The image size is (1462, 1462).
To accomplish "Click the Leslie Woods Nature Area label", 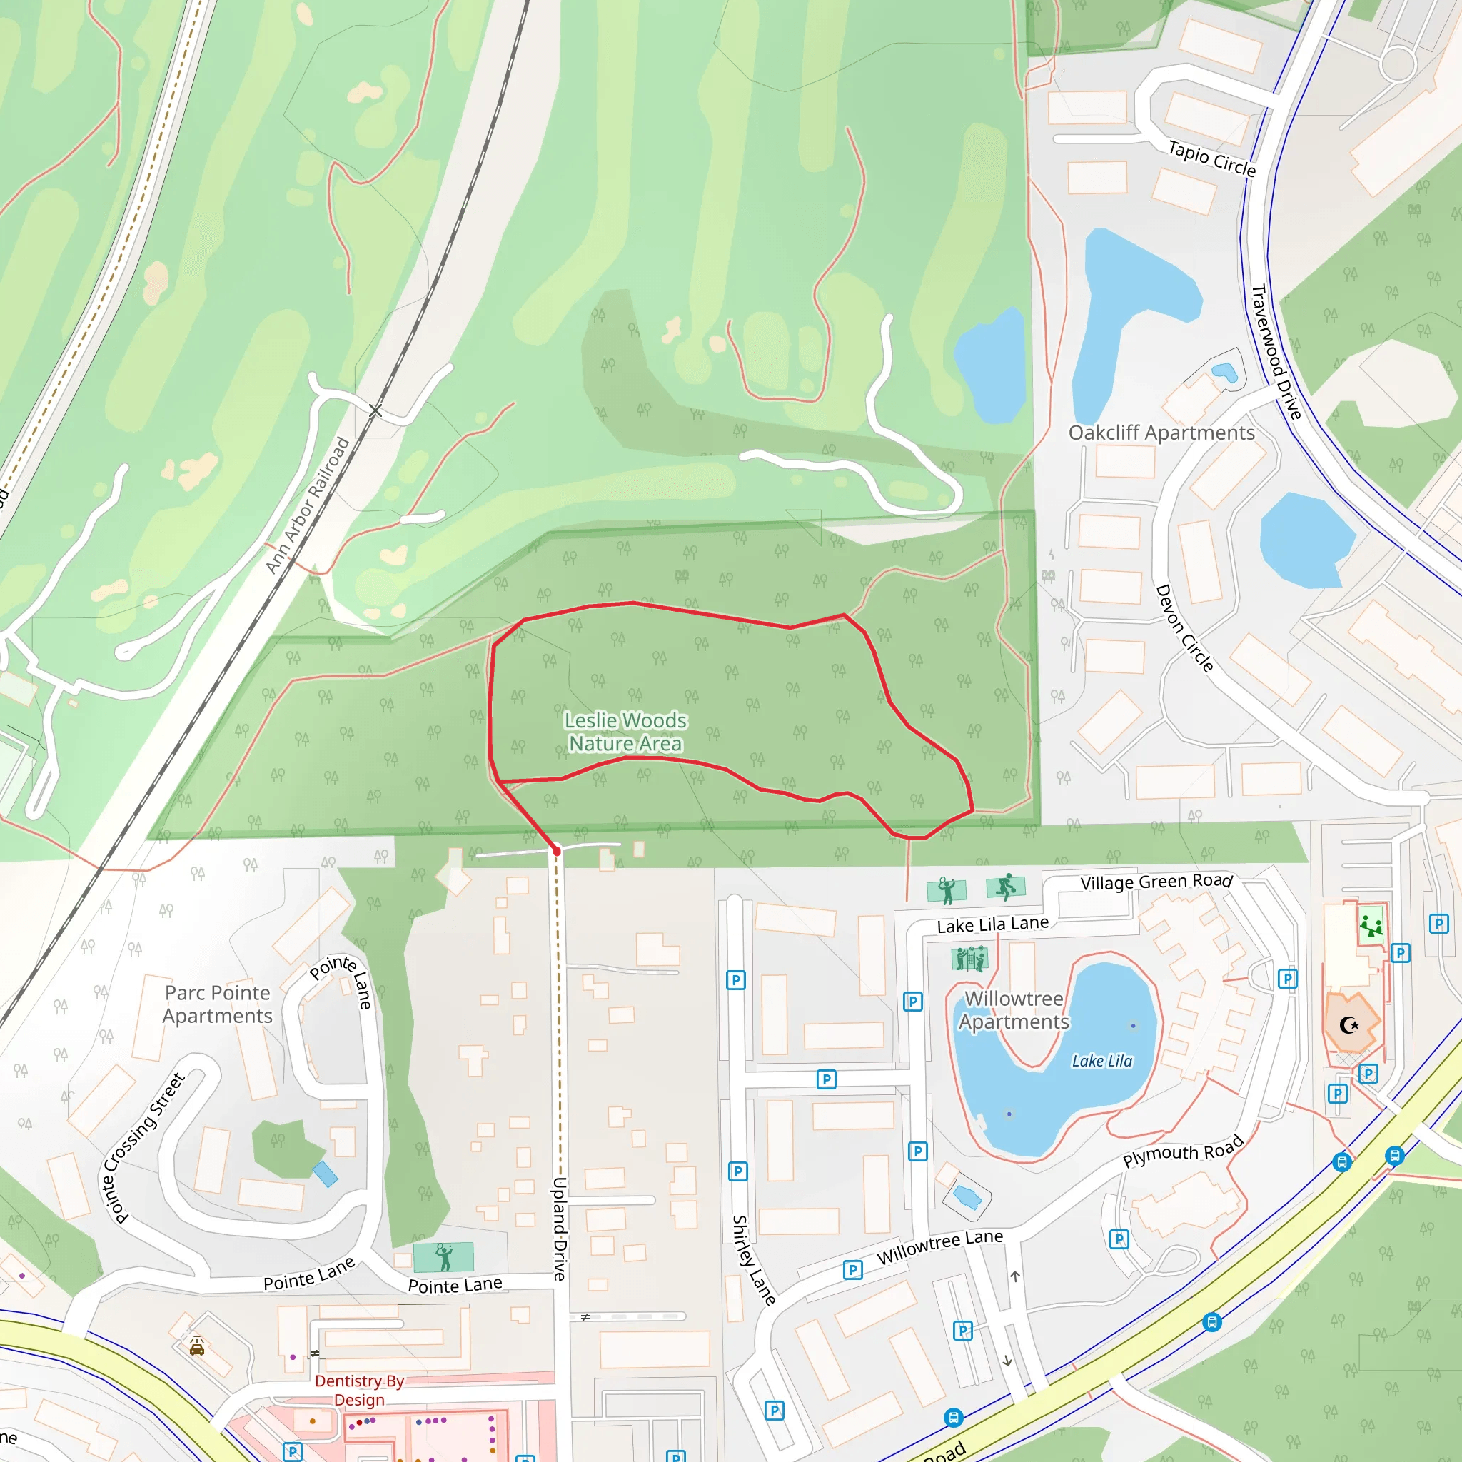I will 626,732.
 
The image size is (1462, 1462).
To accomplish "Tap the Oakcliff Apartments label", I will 1161,433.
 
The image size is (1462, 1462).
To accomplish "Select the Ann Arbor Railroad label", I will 307,505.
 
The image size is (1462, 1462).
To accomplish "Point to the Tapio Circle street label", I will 1211,159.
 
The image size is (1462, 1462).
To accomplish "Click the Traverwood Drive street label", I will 1276,352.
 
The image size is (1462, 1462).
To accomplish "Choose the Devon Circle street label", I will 1184,627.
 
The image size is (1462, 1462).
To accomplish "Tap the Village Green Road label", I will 1156,882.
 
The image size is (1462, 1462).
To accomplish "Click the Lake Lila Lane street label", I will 992,924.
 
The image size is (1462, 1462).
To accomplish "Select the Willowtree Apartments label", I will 1013,1010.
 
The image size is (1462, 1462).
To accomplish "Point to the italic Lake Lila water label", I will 1101,1061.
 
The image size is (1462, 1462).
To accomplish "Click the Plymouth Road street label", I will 1183,1151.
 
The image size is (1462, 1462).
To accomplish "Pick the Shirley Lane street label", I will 753,1260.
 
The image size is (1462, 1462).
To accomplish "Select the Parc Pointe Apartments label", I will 217,1004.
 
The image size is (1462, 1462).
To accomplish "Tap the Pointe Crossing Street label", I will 143,1147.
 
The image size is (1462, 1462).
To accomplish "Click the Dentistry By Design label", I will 360,1390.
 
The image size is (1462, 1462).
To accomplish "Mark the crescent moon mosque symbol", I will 1349,1025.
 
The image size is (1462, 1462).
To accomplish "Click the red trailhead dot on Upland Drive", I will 557,850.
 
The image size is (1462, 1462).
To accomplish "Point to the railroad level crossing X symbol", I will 376,411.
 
